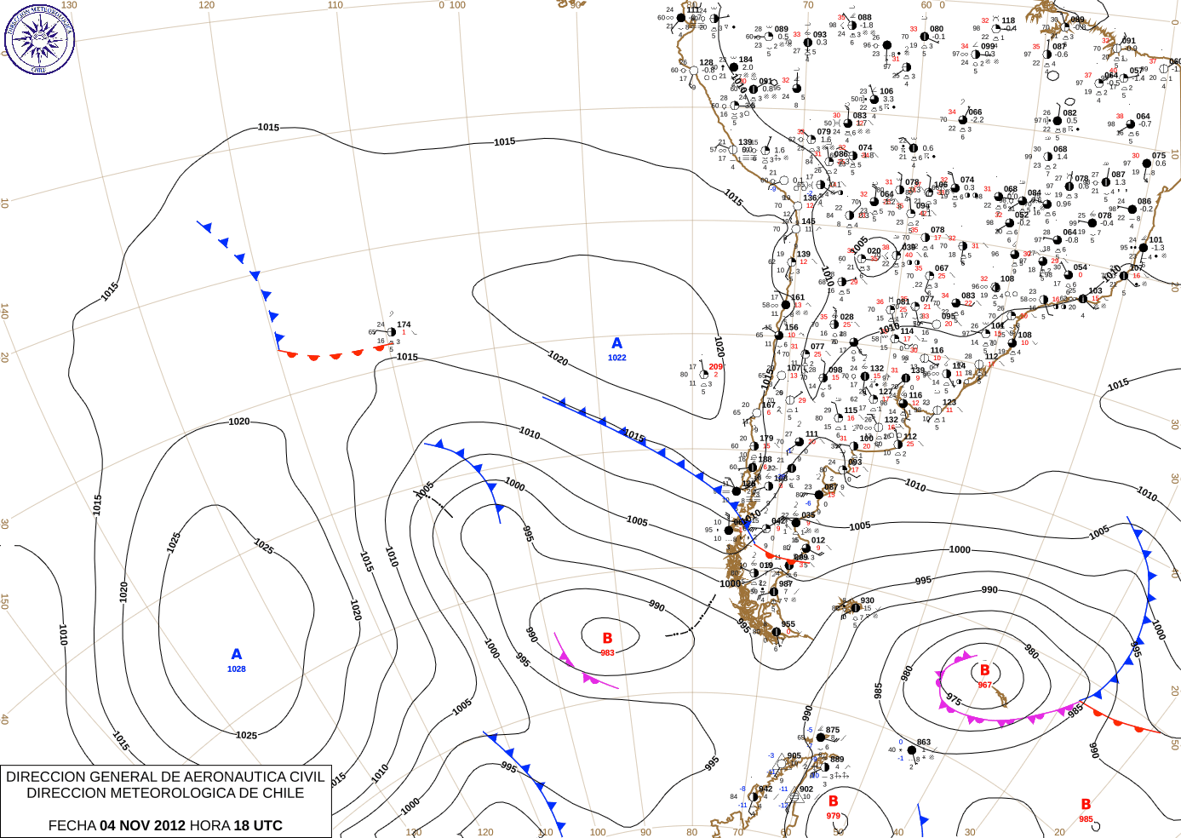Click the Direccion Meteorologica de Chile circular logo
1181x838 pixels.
tap(39, 38)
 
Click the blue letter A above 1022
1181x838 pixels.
tap(616, 343)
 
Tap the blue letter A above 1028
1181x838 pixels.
tap(237, 654)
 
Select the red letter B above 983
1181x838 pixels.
tap(607, 638)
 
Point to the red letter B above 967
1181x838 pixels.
tap(985, 670)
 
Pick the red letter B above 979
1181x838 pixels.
tap(834, 801)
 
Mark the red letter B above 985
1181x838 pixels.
tap(1086, 804)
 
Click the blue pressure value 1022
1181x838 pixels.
tap(617, 358)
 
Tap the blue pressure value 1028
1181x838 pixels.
tap(237, 669)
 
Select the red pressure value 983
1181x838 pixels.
tap(607, 653)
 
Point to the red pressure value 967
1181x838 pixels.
tap(984, 685)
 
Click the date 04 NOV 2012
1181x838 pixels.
tap(142, 825)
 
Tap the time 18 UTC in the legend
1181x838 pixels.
tap(258, 825)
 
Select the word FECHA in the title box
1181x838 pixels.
tap(72, 825)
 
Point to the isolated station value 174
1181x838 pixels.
tap(404, 324)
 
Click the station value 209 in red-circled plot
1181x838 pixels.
tap(715, 367)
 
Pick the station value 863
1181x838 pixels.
tap(924, 743)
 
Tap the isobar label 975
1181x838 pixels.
tap(954, 700)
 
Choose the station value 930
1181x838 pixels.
tap(867, 600)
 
